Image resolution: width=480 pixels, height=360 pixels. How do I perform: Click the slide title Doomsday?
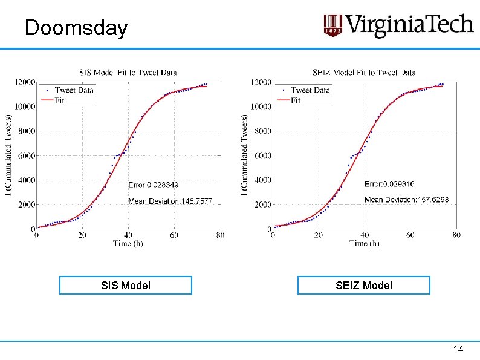(76, 28)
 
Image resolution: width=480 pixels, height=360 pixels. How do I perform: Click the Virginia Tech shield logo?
(332, 25)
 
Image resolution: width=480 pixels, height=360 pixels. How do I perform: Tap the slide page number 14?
(458, 349)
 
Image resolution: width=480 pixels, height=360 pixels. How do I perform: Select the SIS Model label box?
(126, 285)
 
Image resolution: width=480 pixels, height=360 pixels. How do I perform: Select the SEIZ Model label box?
(364, 285)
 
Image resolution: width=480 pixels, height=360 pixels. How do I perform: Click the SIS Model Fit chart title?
(128, 73)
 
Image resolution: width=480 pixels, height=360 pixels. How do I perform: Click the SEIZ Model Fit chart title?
(364, 73)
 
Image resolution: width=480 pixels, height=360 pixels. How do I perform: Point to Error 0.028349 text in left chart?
(153, 185)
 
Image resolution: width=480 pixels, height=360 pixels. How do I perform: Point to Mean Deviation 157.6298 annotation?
(406, 200)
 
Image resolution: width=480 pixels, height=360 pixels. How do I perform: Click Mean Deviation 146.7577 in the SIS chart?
(170, 201)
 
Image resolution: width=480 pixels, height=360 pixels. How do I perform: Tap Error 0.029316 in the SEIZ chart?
(389, 184)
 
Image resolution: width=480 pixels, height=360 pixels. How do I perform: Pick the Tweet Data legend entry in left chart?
(70, 90)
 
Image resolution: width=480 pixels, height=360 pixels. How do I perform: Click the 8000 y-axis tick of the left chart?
(27, 131)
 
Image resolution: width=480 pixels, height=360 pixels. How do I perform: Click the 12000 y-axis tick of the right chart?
(261, 82)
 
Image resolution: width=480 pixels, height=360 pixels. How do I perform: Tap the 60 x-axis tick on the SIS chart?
(174, 235)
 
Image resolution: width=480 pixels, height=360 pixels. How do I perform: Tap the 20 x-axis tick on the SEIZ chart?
(319, 235)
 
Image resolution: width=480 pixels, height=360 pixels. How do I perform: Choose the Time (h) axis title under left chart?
(128, 244)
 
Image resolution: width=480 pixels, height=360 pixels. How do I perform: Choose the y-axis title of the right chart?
(244, 155)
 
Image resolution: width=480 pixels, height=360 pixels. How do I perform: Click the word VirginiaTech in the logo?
(410, 25)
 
